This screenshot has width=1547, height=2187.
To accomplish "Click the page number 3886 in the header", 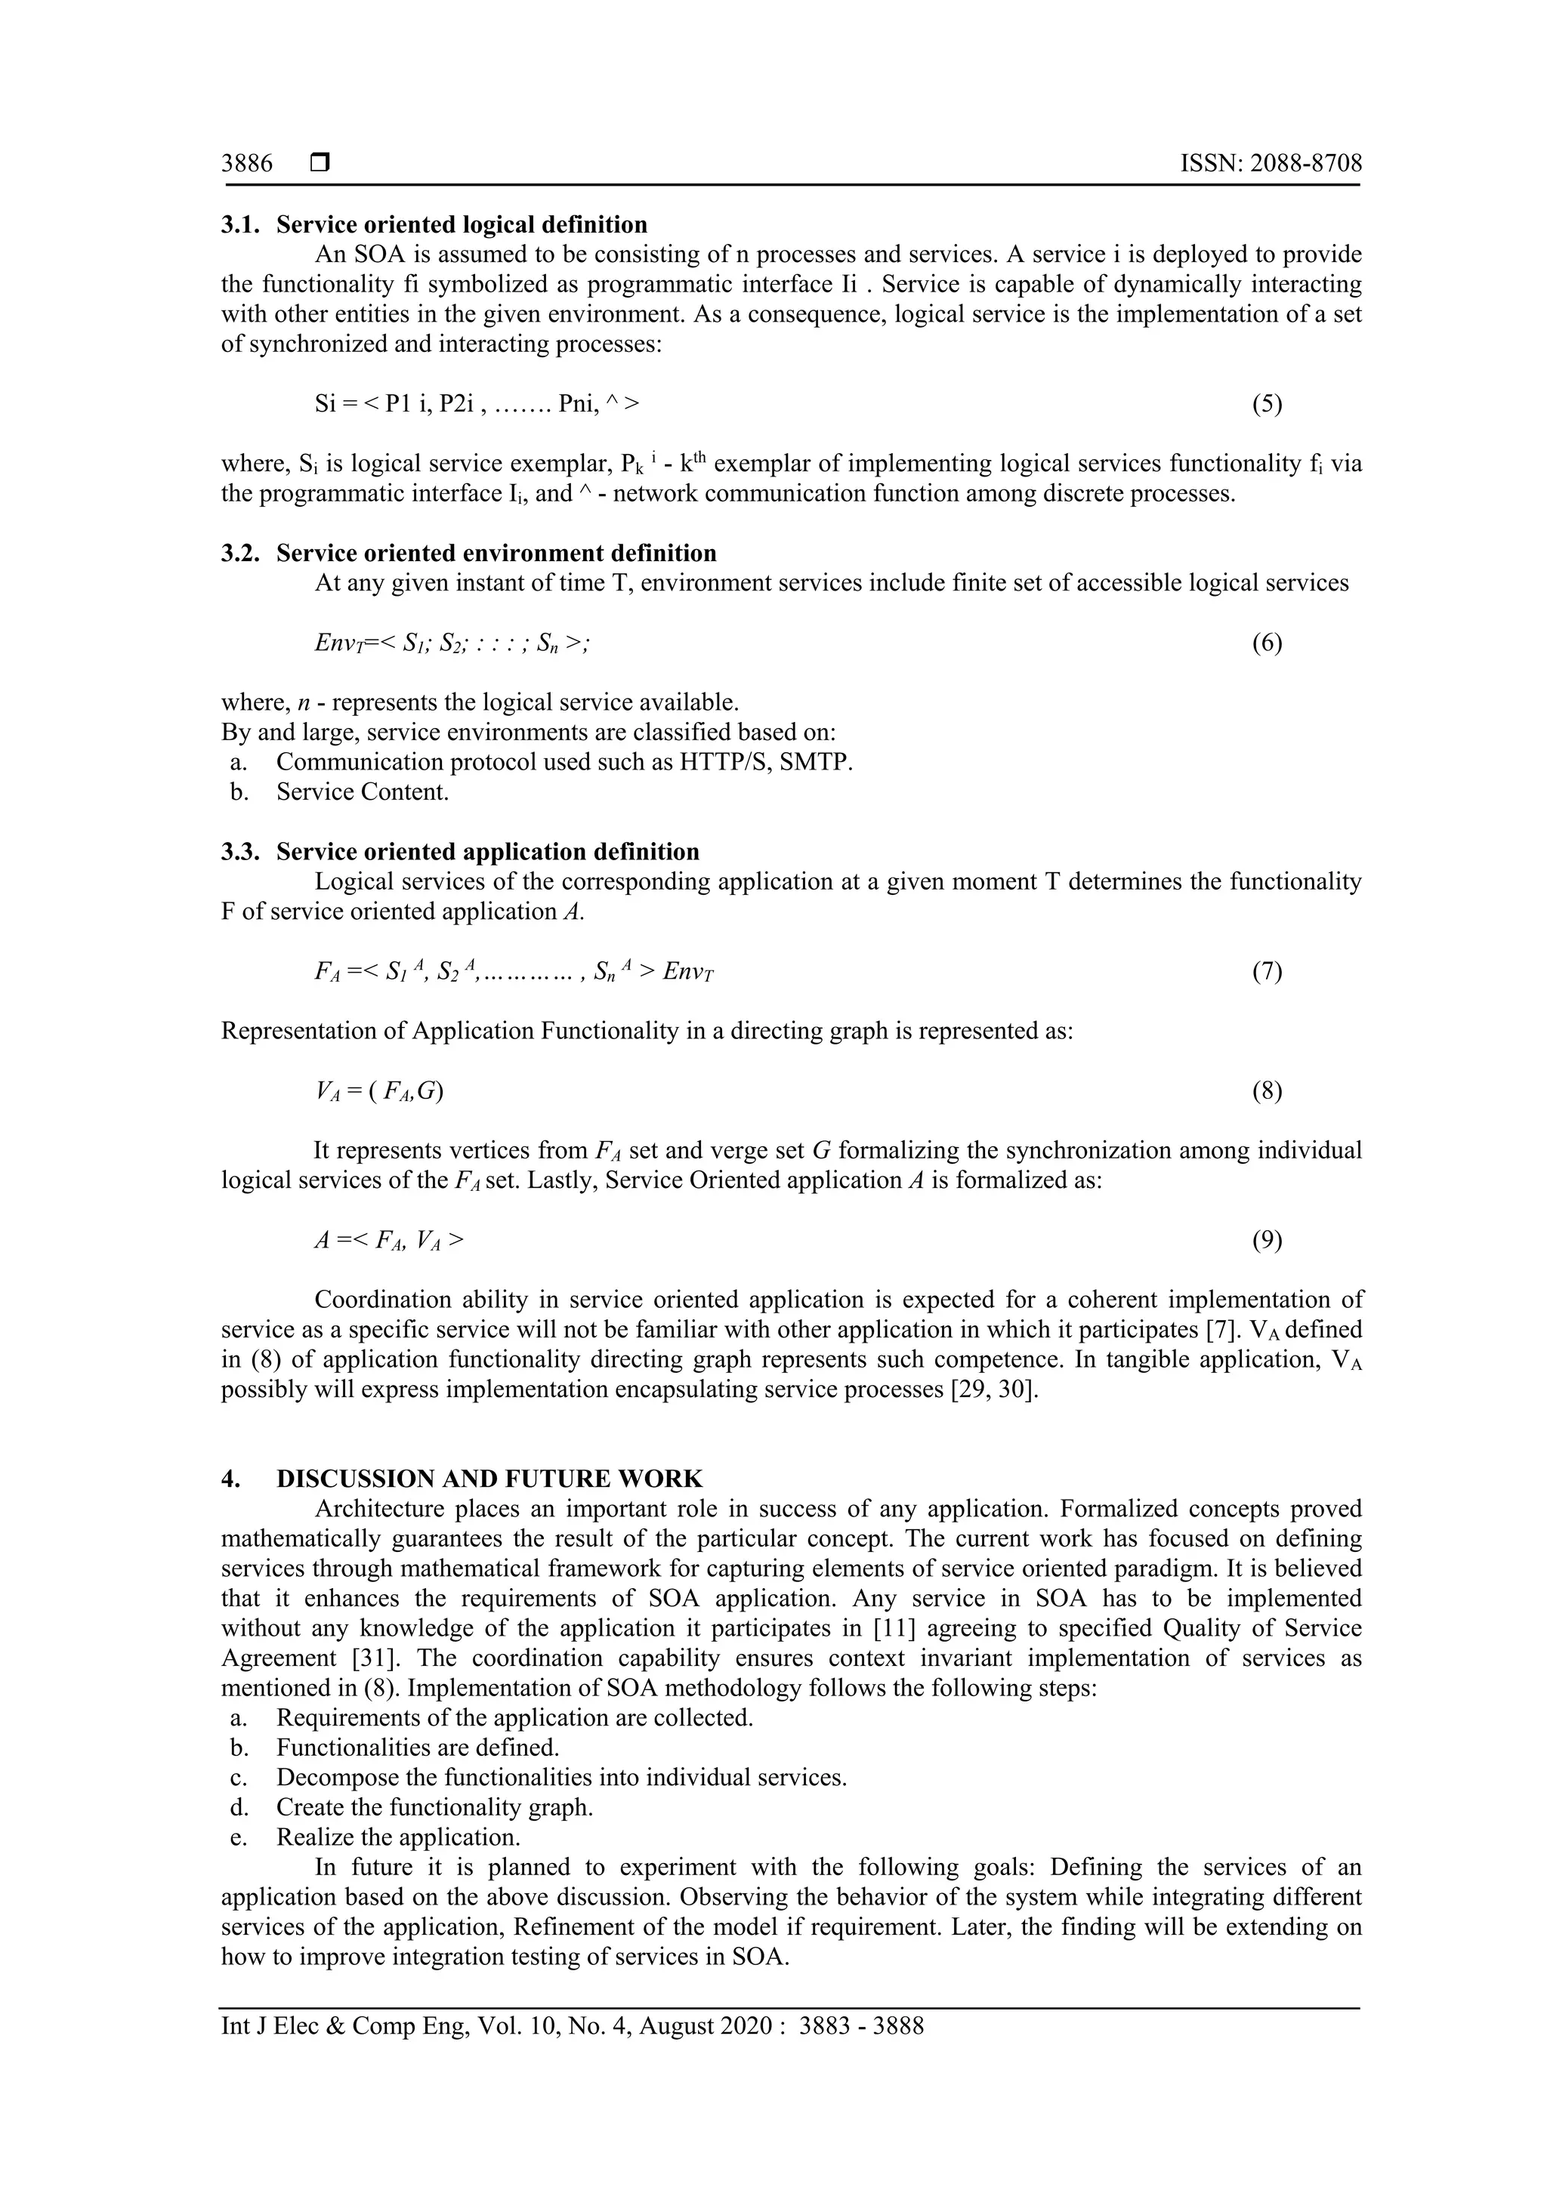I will [247, 164].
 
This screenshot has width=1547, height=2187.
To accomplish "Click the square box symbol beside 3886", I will [319, 164].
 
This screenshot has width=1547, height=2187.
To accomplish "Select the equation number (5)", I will [1266, 404].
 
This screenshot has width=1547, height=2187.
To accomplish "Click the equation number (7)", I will [1266, 972].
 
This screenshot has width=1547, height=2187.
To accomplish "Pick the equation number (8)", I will [1266, 1090].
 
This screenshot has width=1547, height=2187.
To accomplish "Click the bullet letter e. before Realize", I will [239, 1837].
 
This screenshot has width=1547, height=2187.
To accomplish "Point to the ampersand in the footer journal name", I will [335, 2025].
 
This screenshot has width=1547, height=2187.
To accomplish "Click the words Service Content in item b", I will [362, 792].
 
